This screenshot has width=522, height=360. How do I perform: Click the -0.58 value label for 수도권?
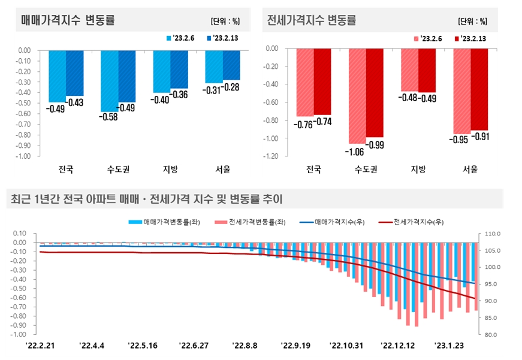pos(109,117)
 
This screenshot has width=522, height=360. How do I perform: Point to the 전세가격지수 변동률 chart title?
pos(311,20)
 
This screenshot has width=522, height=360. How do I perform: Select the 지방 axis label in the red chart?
pos(418,170)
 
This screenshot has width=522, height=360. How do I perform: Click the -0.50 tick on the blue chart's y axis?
pos(23,103)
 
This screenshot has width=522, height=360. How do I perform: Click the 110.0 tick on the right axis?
pos(491,233)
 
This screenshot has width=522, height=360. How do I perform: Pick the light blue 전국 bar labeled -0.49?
pos(57,76)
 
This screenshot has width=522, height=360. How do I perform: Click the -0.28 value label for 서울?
pos(231,87)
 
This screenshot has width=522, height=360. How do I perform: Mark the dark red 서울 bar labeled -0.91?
pos(479,89)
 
